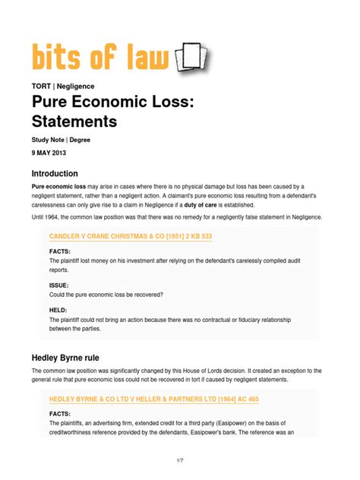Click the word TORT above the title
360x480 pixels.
41,87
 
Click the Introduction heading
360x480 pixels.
65,174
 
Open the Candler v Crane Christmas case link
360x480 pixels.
130,237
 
